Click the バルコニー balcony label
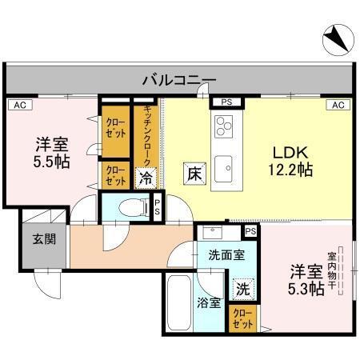[179, 79]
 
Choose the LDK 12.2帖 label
[290, 161]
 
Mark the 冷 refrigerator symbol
[146, 177]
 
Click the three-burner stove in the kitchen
[224, 126]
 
